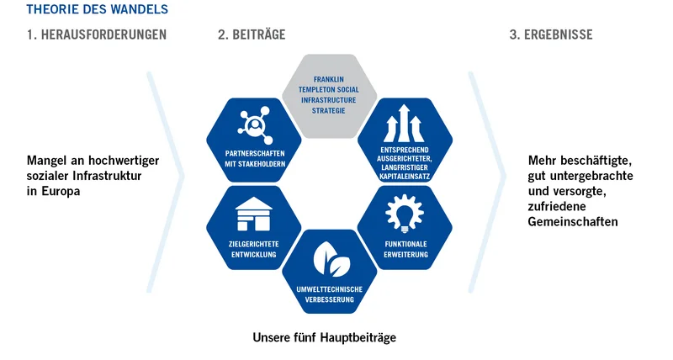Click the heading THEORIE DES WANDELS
click(97, 9)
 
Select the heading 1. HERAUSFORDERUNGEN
click(95, 35)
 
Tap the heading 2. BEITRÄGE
click(252, 35)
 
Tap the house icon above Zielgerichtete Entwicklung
click(253, 214)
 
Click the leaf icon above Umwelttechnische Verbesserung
click(329, 259)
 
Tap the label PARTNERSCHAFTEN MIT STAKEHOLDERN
click(254, 158)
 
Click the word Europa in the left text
click(65, 191)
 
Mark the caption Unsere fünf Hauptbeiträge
click(324, 337)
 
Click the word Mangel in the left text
click(47, 160)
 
